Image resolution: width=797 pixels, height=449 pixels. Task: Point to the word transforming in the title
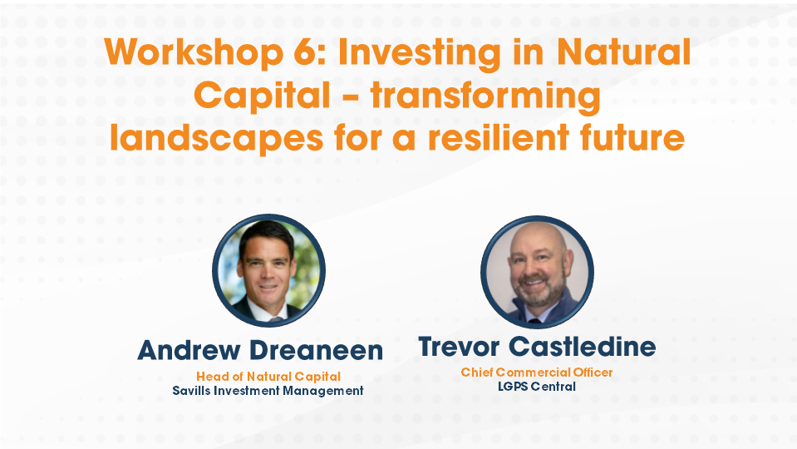(x=485, y=97)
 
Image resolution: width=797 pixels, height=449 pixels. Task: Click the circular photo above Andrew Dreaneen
(x=268, y=270)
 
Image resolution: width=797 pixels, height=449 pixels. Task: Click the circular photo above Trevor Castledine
(x=537, y=271)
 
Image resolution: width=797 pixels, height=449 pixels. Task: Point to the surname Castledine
(x=591, y=347)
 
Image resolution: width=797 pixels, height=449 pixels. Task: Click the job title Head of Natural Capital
(x=268, y=376)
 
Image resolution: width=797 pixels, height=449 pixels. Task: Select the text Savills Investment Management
(x=268, y=390)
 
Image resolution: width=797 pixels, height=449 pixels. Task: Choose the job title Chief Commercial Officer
(x=537, y=373)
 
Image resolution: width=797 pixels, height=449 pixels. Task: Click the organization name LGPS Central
(x=537, y=387)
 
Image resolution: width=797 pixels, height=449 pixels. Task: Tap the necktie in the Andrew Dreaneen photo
(x=268, y=313)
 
